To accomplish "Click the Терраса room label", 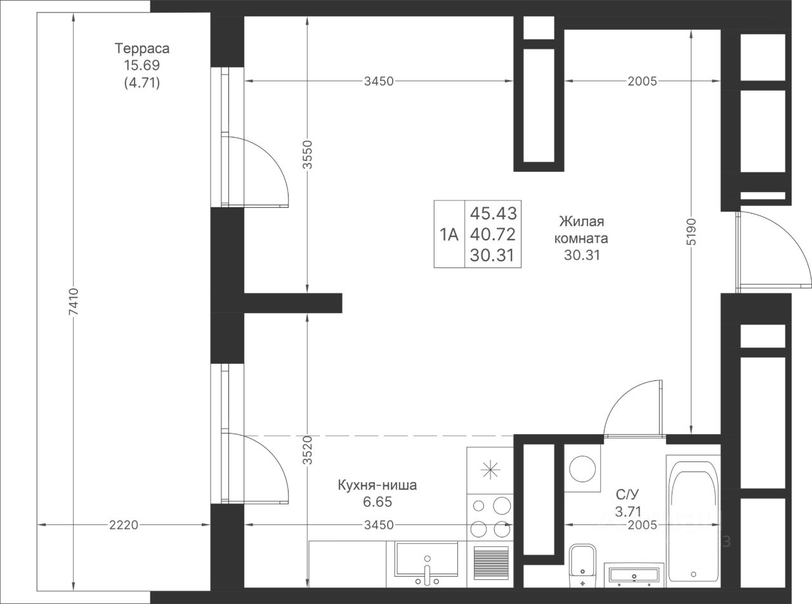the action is click(x=142, y=48).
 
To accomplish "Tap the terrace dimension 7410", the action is click(x=74, y=302).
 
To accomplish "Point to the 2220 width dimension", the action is click(x=124, y=525).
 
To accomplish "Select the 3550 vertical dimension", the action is click(x=308, y=155).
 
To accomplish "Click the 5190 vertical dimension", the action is click(x=691, y=232).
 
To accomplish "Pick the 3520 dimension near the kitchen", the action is click(x=308, y=450).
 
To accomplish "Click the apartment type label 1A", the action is click(x=449, y=234).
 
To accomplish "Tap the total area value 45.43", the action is click(x=493, y=214).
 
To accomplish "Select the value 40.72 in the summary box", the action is click(x=493, y=234).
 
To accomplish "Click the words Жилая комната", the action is click(x=581, y=229).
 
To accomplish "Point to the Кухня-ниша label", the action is click(x=377, y=485).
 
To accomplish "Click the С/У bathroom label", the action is click(x=627, y=494).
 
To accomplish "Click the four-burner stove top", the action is click(x=490, y=517).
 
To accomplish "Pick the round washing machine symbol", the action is click(x=582, y=468).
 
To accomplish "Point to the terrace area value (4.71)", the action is click(x=142, y=82).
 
